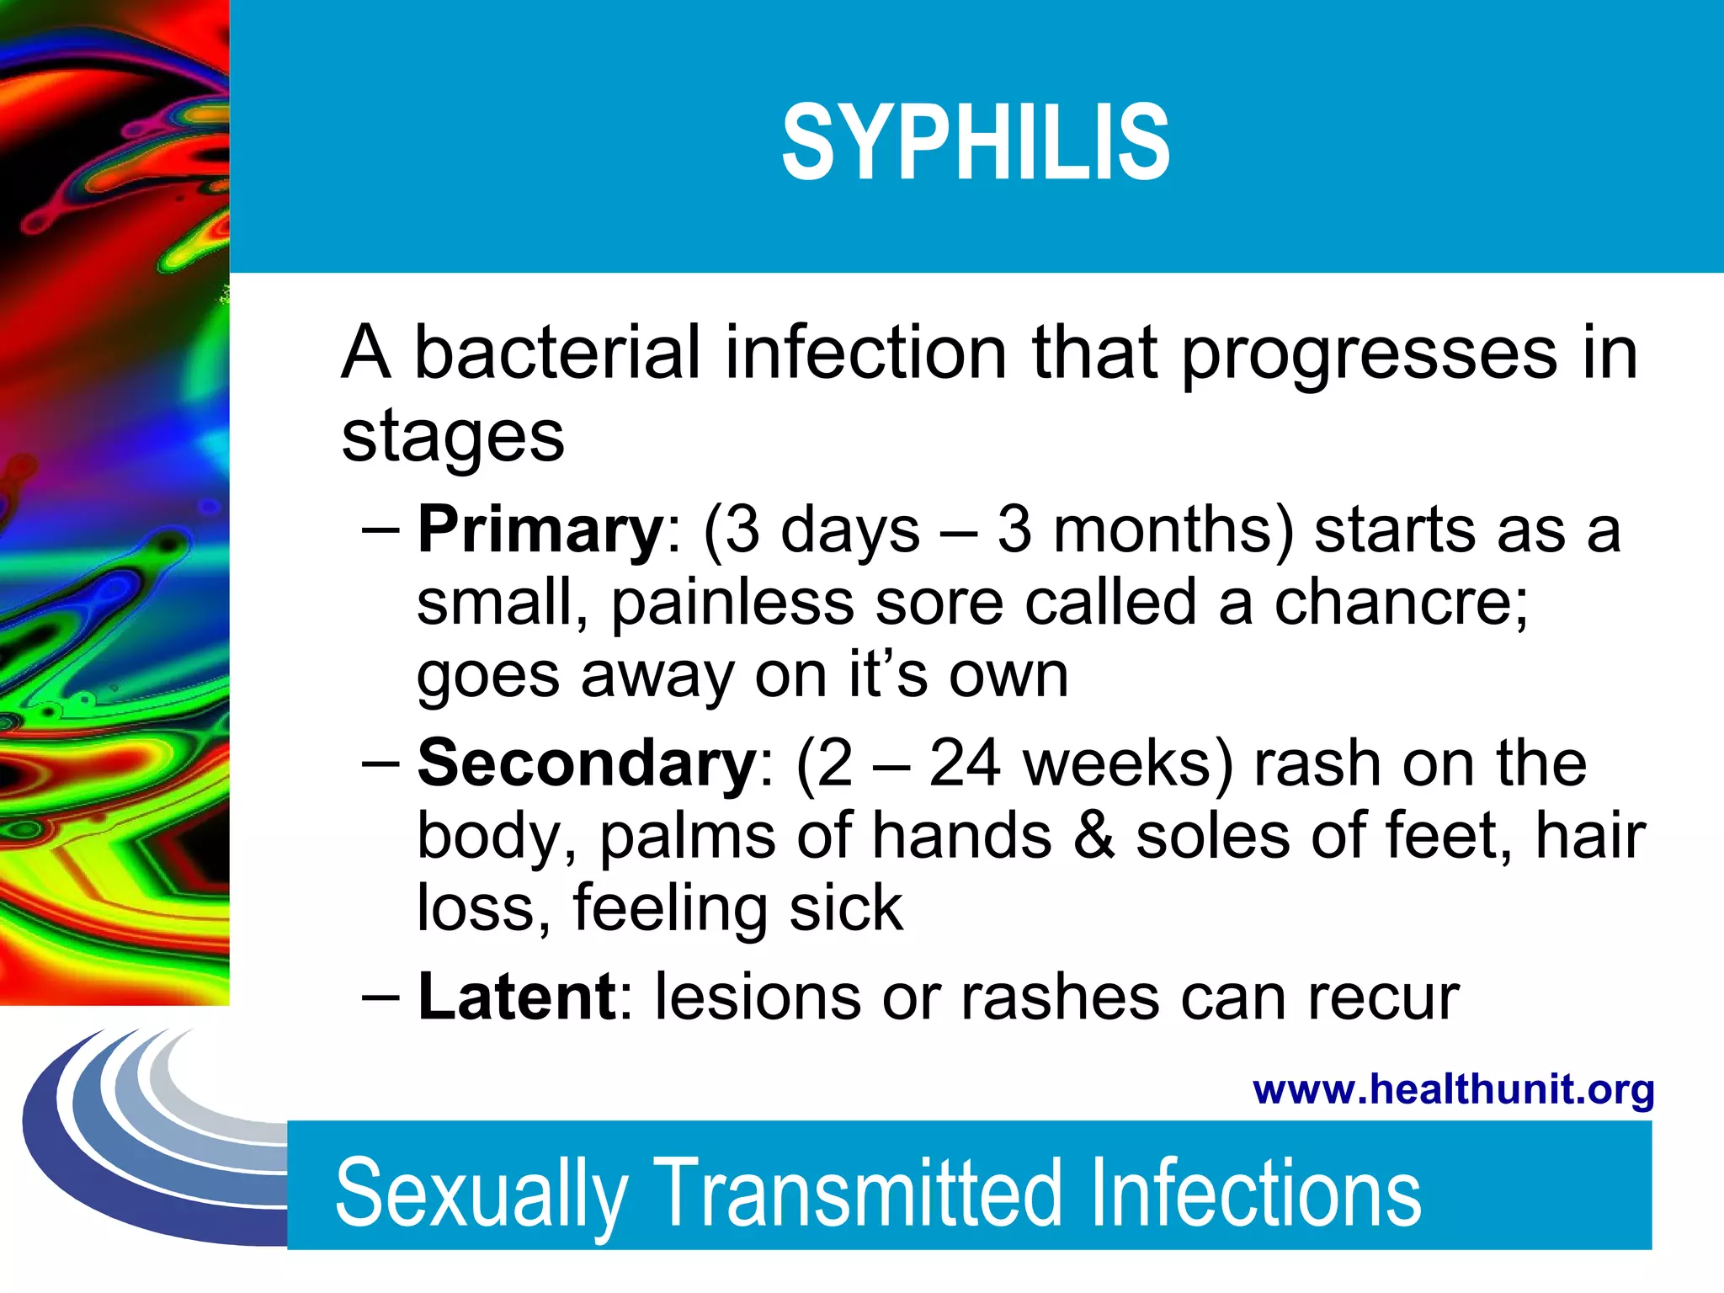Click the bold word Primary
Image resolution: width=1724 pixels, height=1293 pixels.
(x=541, y=529)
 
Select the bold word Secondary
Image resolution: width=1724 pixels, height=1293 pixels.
(x=588, y=764)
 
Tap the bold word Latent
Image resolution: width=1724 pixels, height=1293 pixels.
(x=518, y=997)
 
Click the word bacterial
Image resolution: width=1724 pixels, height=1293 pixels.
(x=557, y=353)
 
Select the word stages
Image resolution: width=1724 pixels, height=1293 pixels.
(x=453, y=438)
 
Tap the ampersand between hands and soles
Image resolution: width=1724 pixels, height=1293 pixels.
(x=1093, y=836)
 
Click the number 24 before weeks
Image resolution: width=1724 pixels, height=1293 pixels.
(x=965, y=764)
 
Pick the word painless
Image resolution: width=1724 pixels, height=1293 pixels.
(x=732, y=603)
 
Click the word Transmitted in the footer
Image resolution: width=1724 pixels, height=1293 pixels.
(x=859, y=1193)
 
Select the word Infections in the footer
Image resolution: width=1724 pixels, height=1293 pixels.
(x=1254, y=1193)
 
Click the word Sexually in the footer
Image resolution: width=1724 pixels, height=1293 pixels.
(x=482, y=1193)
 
